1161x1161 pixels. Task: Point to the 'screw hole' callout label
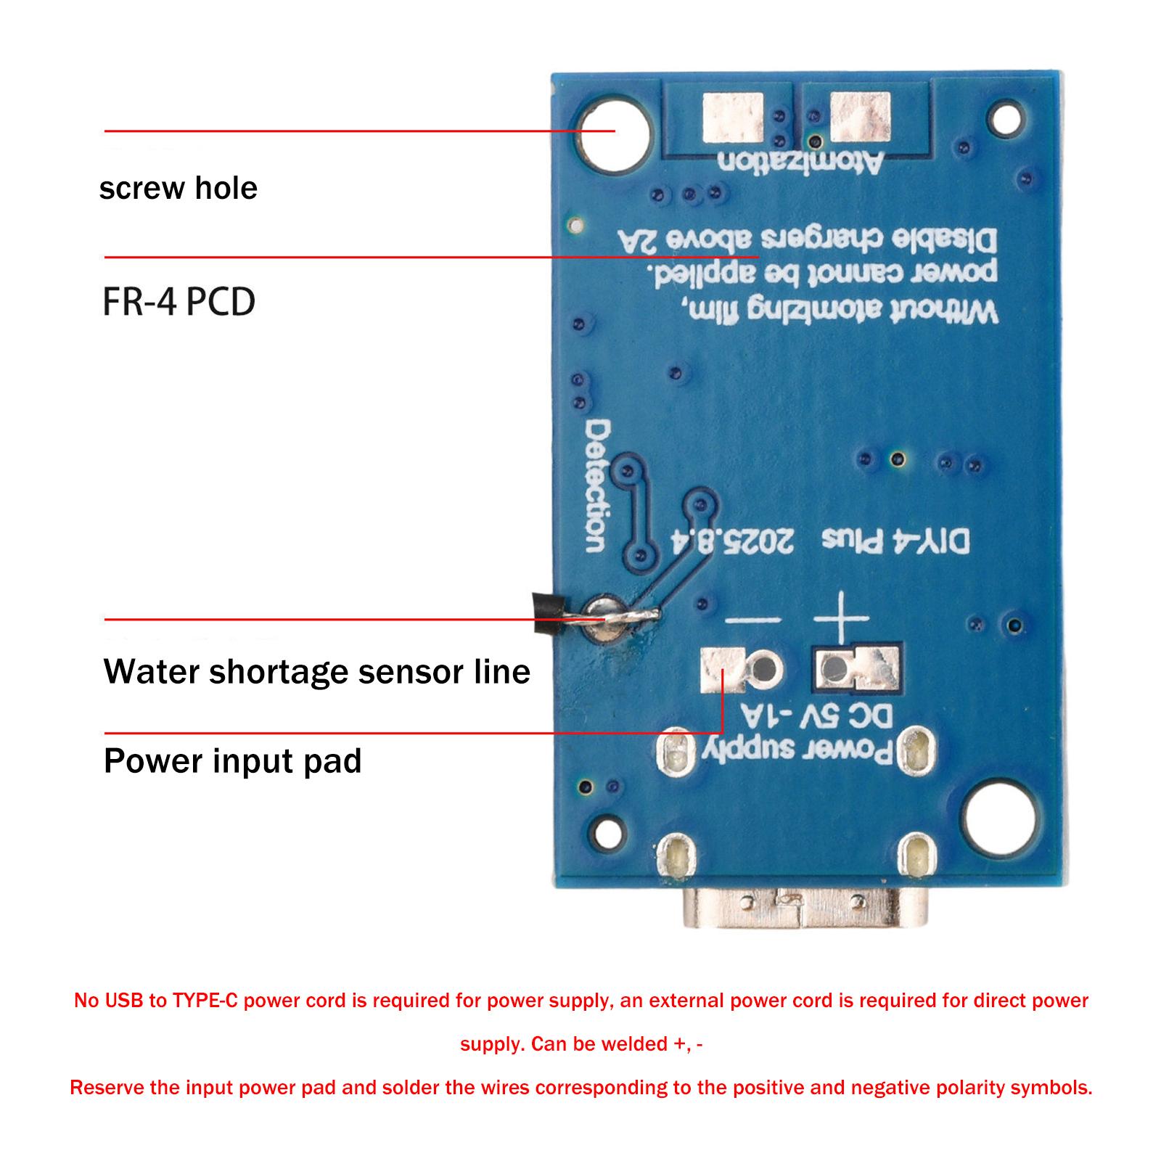pos(178,189)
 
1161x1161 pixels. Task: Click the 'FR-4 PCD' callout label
pos(179,302)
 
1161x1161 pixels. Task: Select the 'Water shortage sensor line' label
pos(316,672)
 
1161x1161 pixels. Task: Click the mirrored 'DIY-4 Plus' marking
pos(895,541)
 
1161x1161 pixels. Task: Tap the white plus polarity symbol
pos(841,618)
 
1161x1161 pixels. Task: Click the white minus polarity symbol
pos(752,620)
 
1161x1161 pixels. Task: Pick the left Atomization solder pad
pos(734,118)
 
